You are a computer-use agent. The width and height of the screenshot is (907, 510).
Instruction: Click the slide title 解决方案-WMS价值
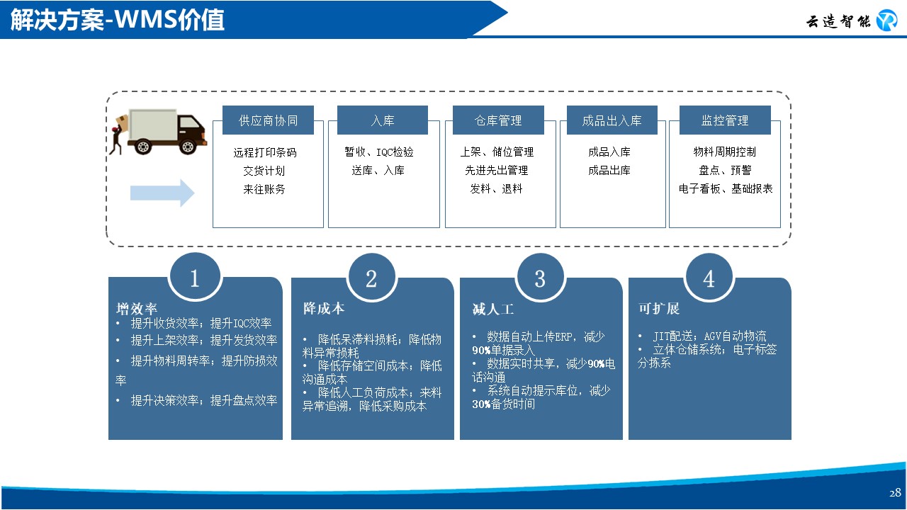pos(118,20)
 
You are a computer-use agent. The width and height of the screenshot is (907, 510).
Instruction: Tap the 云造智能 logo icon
pos(886,21)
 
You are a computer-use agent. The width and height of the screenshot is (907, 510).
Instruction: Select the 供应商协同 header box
pos(268,120)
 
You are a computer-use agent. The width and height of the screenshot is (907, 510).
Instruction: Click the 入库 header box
pos(383,120)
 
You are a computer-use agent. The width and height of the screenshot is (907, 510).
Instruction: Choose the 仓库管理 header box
pos(498,120)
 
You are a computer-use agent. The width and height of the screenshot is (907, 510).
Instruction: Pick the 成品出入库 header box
pos(612,120)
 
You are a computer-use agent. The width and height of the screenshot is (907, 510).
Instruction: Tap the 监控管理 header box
pos(725,120)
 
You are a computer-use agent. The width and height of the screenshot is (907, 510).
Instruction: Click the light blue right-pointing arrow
pos(162,193)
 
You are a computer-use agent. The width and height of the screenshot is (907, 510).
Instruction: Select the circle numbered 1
pos(195,278)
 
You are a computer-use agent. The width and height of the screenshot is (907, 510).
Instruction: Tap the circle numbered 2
pos(371,278)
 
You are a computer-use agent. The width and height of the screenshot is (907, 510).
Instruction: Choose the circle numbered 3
pos(540,278)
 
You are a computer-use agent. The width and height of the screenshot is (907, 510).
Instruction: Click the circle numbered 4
pos(709,278)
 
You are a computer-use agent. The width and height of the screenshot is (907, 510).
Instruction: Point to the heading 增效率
pos(137,309)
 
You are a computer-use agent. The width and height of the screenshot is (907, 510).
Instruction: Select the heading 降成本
pos(324,309)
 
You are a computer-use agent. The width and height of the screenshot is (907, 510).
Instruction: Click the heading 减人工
pos(492,309)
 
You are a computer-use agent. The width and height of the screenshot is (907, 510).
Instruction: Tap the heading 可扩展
pos(659,309)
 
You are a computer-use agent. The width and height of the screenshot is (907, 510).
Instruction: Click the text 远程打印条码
pos(265,152)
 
